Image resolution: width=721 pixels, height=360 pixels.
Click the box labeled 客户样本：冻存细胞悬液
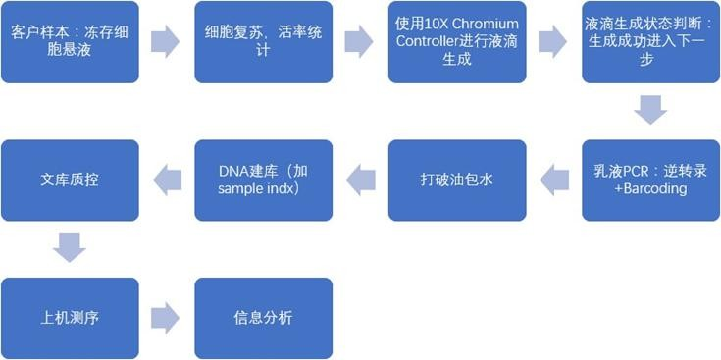click(x=70, y=42)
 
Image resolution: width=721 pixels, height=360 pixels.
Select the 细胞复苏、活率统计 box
click(x=264, y=42)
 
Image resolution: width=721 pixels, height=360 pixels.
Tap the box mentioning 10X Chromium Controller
click(x=457, y=42)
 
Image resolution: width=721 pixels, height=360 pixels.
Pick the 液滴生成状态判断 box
click(x=651, y=42)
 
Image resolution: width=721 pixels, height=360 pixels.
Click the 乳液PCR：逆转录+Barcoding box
click(x=651, y=180)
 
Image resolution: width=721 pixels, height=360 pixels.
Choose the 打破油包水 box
click(x=457, y=180)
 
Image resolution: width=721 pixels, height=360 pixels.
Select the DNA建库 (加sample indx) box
click(x=264, y=180)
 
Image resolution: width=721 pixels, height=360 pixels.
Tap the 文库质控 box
click(x=70, y=180)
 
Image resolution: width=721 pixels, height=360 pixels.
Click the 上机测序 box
click(x=70, y=318)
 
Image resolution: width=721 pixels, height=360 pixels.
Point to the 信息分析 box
click(x=264, y=318)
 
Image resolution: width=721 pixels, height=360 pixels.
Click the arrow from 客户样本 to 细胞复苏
click(x=165, y=42)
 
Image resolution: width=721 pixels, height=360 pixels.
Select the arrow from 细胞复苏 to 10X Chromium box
click(x=359, y=42)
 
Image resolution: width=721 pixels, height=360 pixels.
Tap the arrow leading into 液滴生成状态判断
click(x=552, y=42)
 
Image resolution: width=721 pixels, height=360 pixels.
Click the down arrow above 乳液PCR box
click(x=650, y=110)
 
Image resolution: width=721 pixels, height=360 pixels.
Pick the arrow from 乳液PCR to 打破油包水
click(x=554, y=180)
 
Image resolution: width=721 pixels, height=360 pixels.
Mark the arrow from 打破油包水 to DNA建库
click(x=361, y=180)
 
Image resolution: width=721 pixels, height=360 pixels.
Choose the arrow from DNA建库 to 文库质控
click(x=168, y=180)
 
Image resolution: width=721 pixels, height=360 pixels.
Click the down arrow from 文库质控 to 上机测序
click(x=70, y=248)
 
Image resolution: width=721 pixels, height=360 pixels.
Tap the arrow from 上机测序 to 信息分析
click(x=165, y=318)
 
